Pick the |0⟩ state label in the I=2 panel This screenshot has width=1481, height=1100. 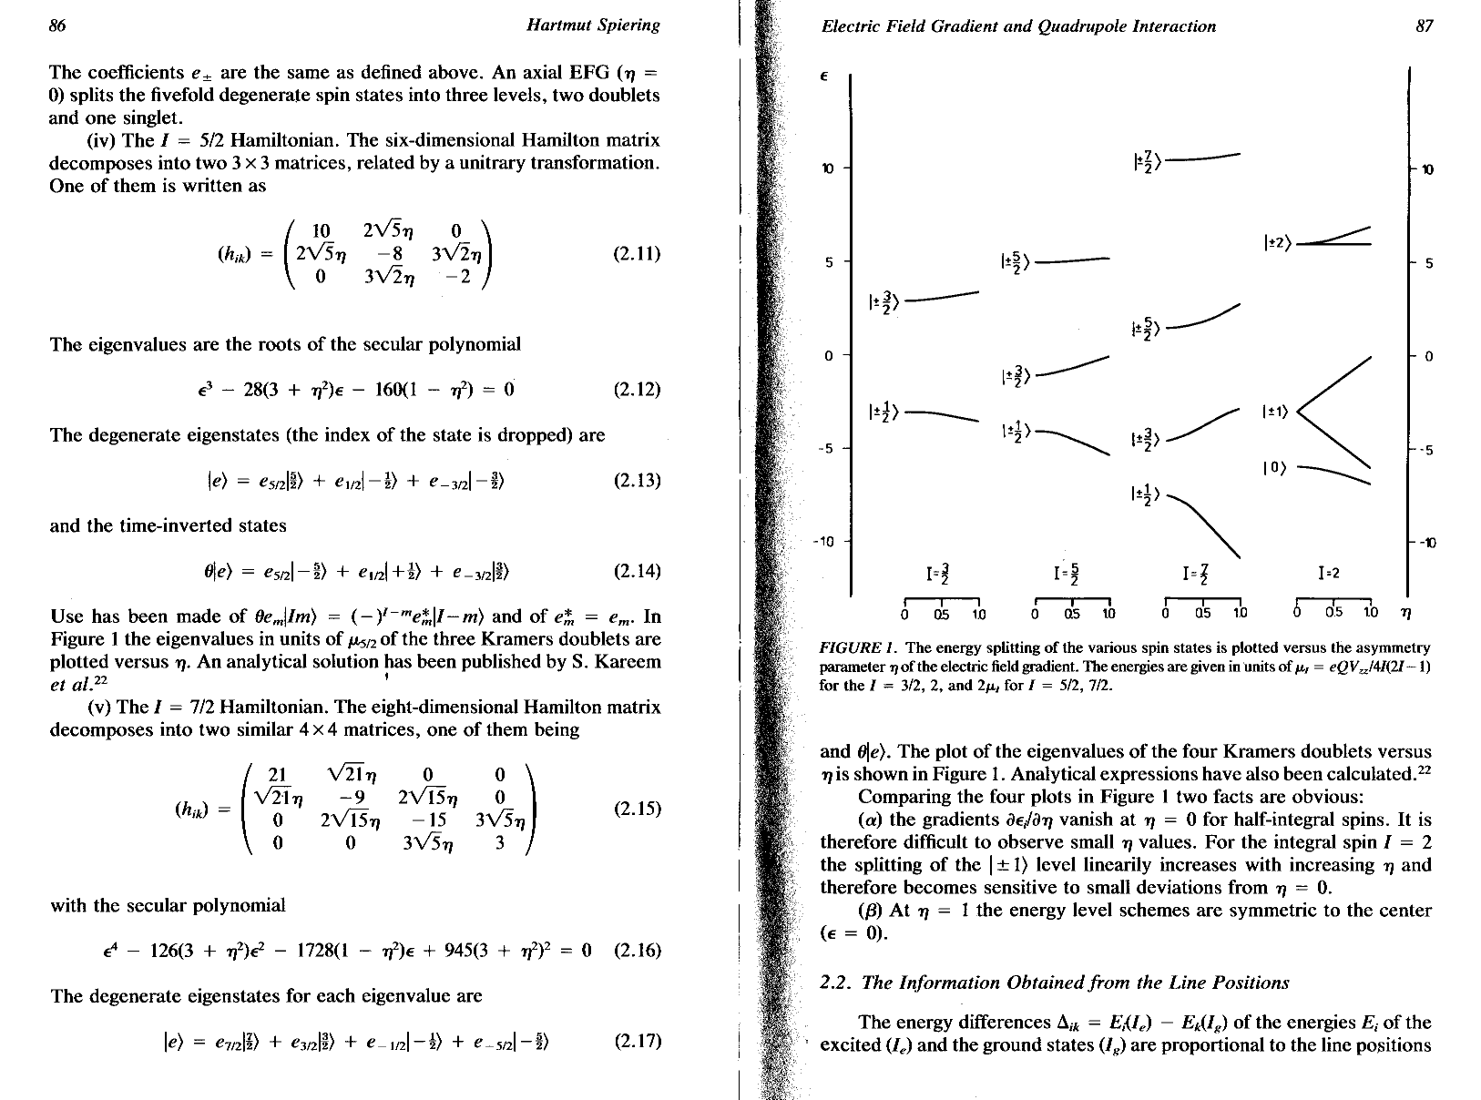(1273, 469)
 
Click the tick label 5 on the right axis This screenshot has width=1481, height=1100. (1429, 264)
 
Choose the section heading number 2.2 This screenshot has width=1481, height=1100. (835, 983)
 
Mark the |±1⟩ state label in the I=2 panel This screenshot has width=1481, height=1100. (1275, 412)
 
